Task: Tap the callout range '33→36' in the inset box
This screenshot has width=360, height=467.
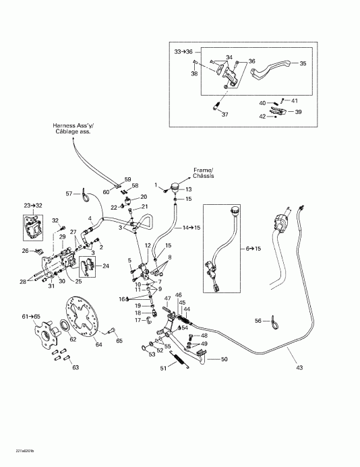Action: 183,51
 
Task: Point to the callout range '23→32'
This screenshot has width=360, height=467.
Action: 32,205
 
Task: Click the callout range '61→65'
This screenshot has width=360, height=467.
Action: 31,316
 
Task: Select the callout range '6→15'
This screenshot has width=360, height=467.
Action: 253,249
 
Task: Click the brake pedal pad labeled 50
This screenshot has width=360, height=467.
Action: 202,354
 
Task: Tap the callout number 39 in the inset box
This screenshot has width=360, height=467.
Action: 298,112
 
